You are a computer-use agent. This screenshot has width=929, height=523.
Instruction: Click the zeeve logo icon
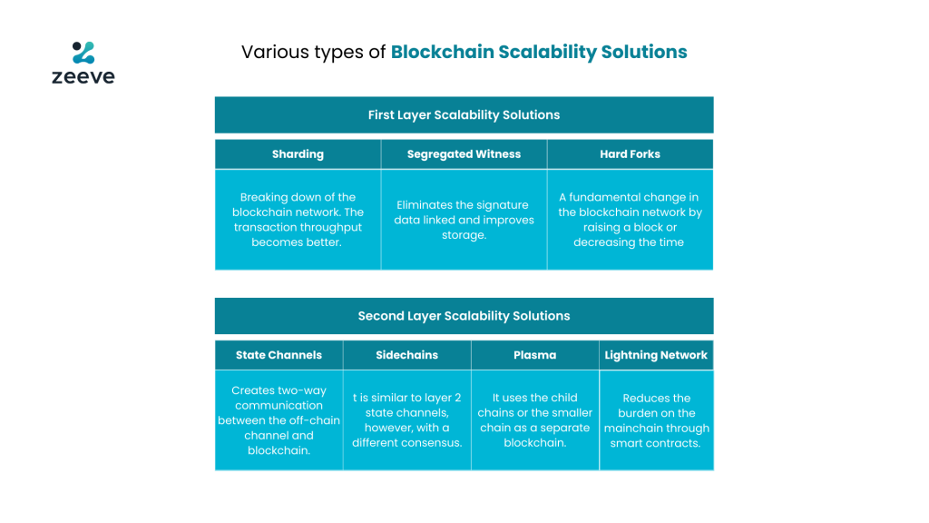83,52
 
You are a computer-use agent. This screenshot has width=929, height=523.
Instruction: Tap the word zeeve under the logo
83,76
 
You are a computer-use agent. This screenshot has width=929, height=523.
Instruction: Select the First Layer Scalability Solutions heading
464,115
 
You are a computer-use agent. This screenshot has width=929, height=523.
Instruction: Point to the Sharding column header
298,154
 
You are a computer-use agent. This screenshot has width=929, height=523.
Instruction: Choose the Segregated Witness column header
464,154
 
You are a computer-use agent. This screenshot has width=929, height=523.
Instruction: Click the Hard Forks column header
630,154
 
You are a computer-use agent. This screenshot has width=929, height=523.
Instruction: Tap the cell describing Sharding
298,220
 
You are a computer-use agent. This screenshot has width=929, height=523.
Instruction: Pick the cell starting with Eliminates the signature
464,220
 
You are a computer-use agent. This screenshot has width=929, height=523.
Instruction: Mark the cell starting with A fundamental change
630,220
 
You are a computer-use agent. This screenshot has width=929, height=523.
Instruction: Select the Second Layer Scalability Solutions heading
464,316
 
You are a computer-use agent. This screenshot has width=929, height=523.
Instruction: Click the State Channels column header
279,355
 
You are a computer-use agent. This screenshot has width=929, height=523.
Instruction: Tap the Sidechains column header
407,355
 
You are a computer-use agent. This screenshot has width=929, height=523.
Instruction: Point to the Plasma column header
535,355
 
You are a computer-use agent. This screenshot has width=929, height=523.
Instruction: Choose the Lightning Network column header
657,355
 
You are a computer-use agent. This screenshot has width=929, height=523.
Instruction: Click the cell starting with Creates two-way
279,420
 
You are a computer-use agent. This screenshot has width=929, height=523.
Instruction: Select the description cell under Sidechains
407,420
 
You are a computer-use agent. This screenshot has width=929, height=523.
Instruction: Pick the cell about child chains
535,420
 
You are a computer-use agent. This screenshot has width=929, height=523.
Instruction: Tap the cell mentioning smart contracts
657,420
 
